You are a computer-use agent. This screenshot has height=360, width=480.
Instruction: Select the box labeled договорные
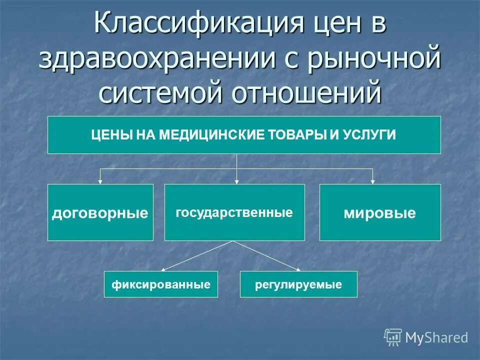100,212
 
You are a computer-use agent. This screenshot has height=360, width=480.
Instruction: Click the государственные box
234,212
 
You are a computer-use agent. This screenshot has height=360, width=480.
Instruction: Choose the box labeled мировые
379,212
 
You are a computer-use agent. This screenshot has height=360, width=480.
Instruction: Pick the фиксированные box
160,284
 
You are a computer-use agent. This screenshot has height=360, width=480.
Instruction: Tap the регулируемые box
298,284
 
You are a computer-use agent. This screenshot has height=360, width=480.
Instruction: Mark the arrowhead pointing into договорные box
100,181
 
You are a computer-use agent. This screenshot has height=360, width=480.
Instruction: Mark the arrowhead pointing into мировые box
373,181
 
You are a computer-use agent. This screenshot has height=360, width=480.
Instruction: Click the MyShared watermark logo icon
392,337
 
